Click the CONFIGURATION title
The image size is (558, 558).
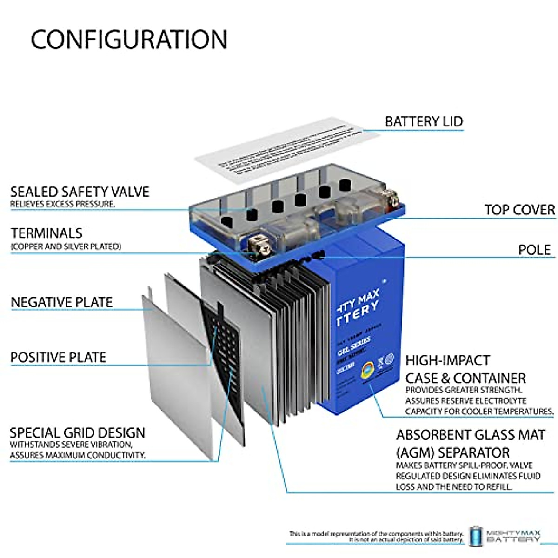point(129,40)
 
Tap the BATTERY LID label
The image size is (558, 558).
point(424,122)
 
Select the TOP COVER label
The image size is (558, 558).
point(519,210)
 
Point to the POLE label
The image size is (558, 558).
point(534,250)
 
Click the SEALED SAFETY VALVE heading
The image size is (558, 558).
point(80,192)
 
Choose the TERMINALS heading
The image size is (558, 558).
point(46,233)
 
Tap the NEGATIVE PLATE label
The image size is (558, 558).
point(62,302)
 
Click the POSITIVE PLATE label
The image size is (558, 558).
point(59,357)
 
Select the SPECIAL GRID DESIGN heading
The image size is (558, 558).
point(77,432)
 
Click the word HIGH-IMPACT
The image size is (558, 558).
point(447,360)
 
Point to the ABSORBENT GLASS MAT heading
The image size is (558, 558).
point(470,435)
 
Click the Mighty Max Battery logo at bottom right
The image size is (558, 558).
point(505,536)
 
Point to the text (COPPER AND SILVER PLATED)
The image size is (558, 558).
point(66,246)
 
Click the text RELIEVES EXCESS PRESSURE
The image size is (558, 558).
point(62,204)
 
